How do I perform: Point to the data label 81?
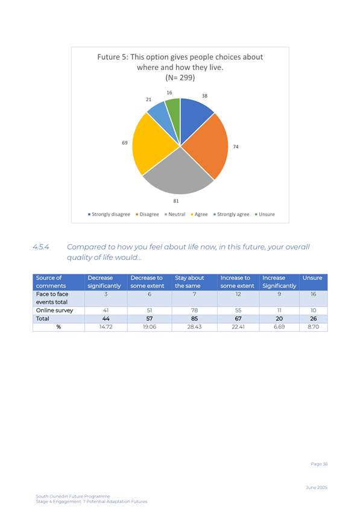pos(176,201)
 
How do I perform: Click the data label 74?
pos(236,147)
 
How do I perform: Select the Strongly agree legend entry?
pos(231,214)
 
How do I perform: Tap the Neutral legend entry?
pos(175,214)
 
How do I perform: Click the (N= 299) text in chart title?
pos(180,78)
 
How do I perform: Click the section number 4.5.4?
pos(41,247)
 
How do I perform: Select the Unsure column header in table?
pos(312,278)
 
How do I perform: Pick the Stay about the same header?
pos(189,282)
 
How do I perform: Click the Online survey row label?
pos(54,311)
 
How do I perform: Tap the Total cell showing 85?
pos(194,319)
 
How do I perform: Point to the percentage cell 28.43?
pos(194,327)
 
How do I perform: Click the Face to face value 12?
pos(238,294)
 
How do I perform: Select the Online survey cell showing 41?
pos(106,311)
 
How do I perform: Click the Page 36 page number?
pos(319,464)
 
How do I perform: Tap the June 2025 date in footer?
pos(317,487)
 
